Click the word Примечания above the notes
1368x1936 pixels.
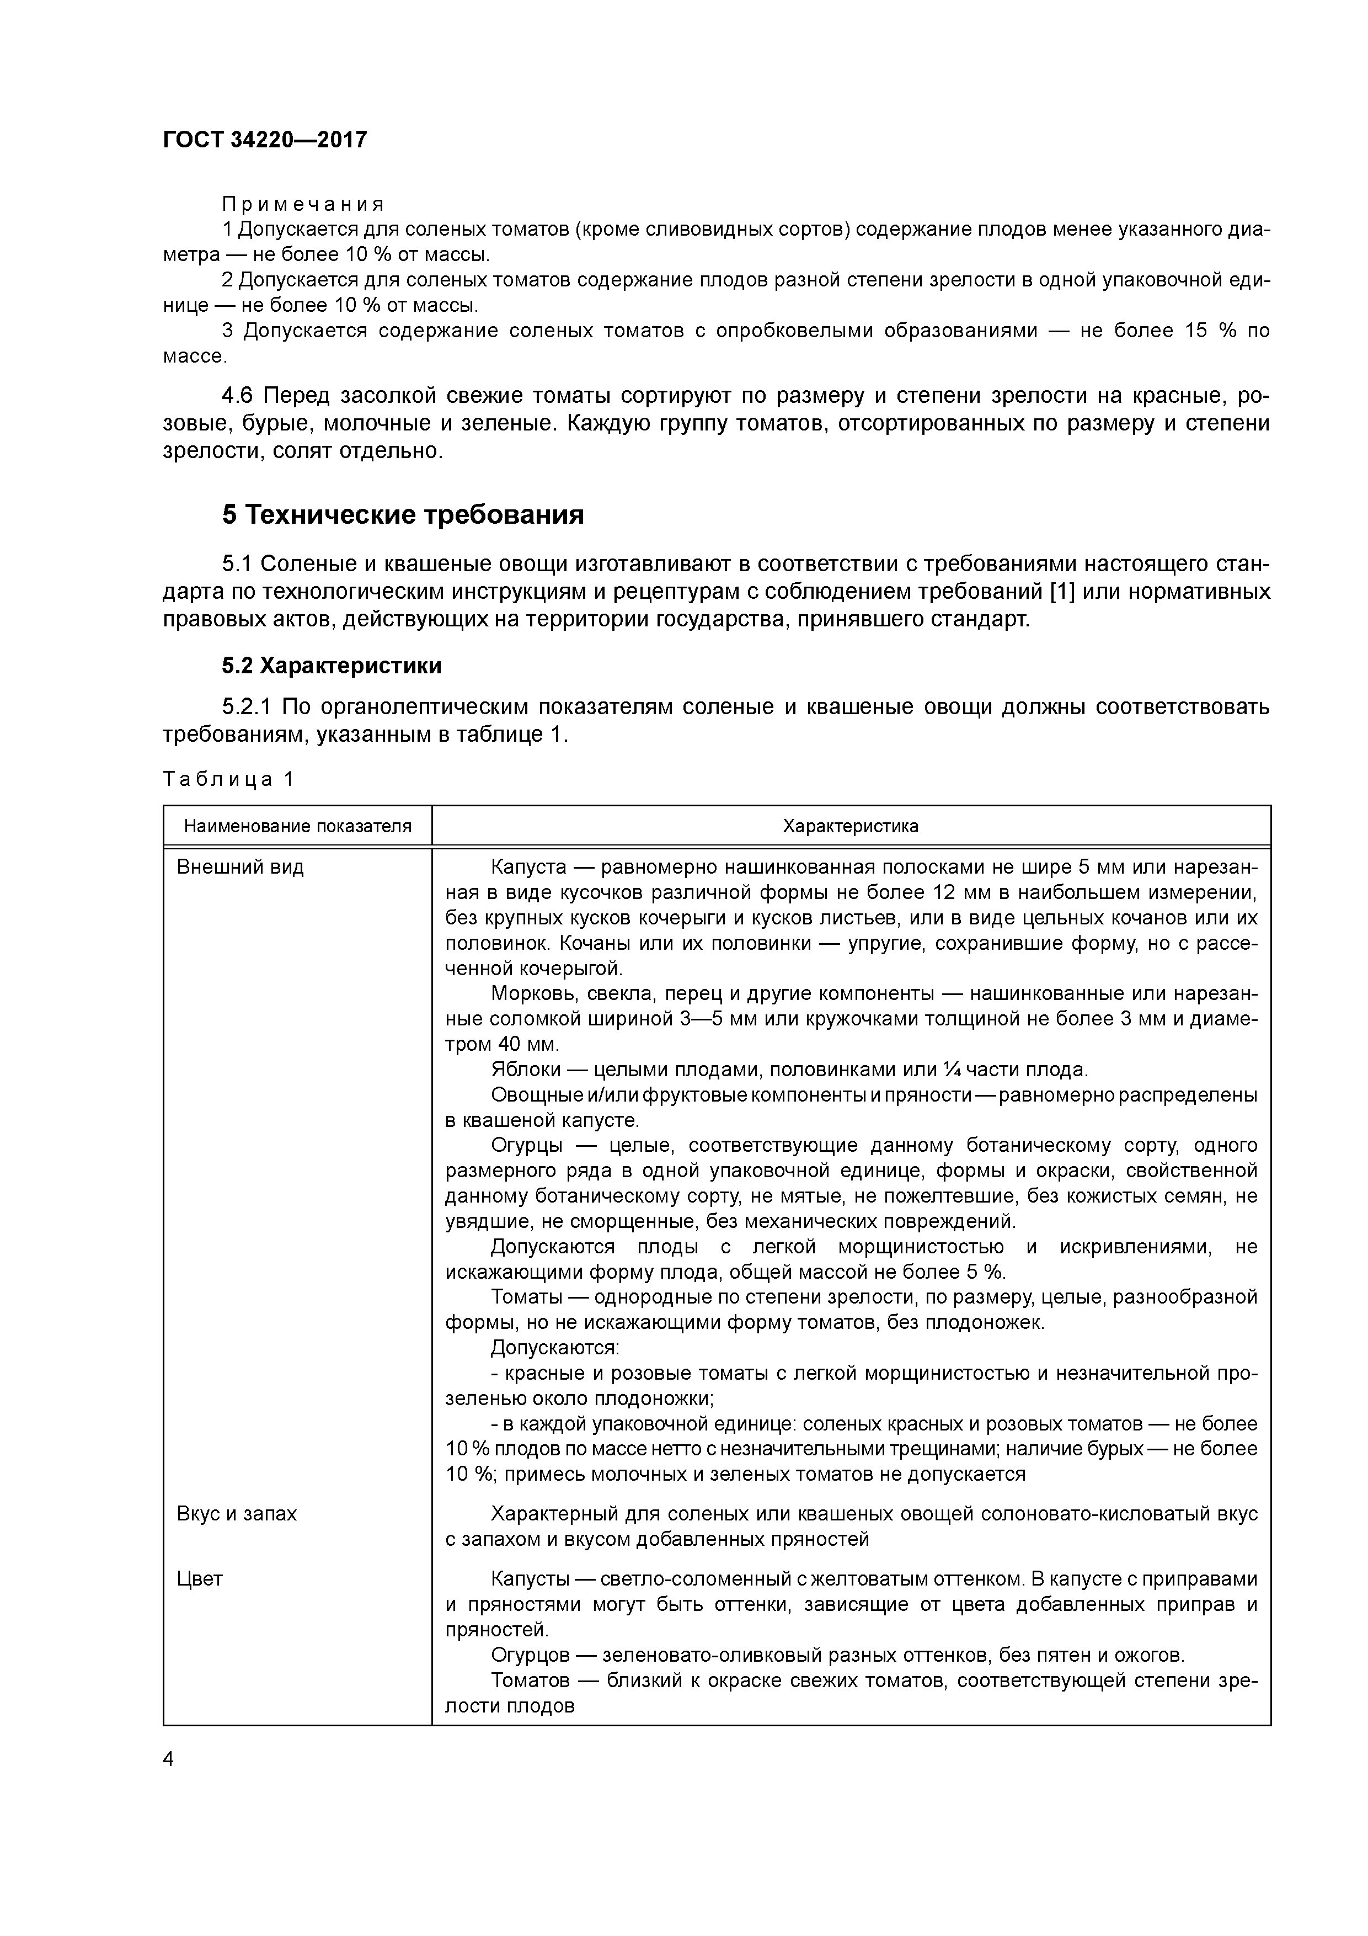click(x=303, y=204)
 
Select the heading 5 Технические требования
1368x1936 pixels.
click(x=403, y=514)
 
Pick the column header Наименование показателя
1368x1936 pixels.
click(x=297, y=826)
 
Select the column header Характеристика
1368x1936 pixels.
click(x=851, y=826)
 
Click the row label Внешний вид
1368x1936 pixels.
click(x=240, y=867)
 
